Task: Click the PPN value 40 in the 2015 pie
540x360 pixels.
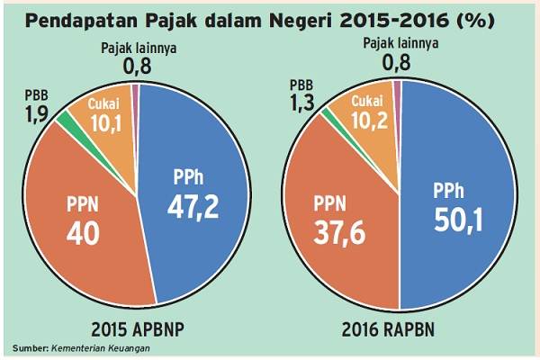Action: coord(85,233)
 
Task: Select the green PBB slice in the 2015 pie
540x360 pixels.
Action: coord(63,118)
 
